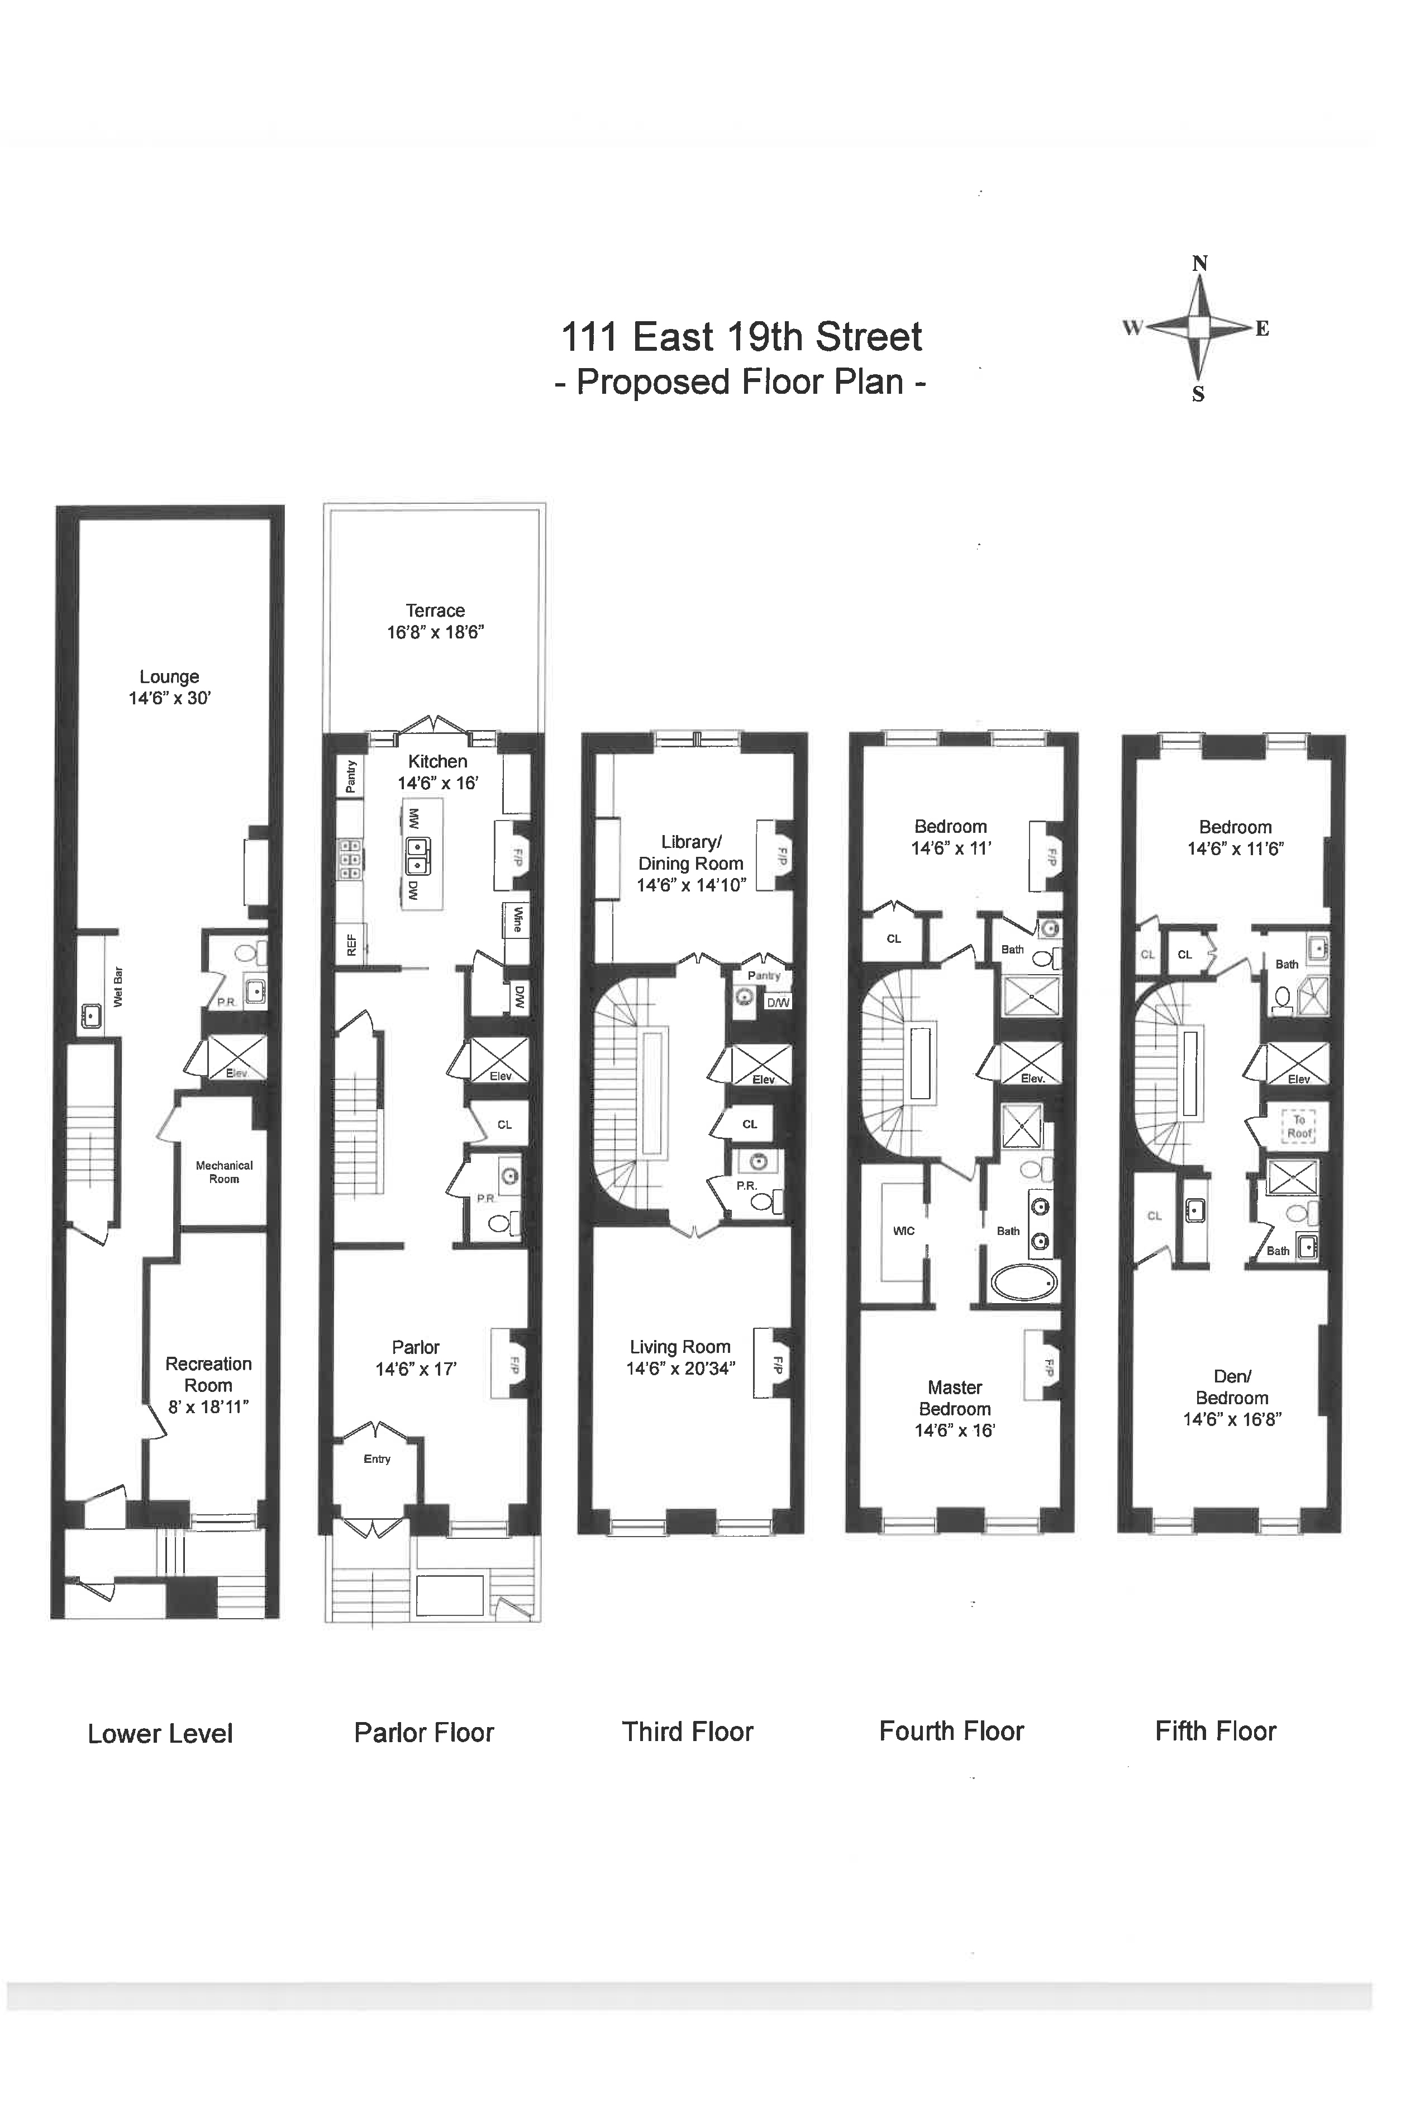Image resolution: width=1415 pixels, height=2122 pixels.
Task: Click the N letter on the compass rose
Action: click(x=1199, y=264)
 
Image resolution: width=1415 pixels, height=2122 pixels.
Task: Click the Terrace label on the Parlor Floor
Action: click(x=435, y=611)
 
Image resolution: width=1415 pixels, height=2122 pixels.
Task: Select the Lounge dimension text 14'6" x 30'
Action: click(x=170, y=698)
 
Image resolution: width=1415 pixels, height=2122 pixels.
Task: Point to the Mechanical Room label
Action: click(x=224, y=1172)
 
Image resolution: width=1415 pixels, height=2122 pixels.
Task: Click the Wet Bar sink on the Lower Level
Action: click(x=91, y=1016)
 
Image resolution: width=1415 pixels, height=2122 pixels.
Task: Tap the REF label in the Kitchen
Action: click(x=351, y=945)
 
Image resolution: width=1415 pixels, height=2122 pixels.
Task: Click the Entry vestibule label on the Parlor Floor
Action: click(x=377, y=1459)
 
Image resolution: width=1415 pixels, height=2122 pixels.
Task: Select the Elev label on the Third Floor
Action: click(x=764, y=1079)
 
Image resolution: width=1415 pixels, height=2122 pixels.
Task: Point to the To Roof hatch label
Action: click(x=1299, y=1126)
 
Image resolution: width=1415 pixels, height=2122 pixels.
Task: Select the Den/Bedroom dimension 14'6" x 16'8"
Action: click(x=1233, y=1419)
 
